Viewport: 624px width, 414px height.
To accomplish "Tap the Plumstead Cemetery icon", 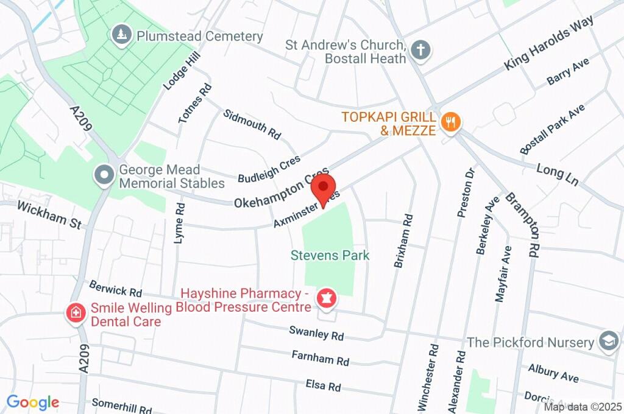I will click(122, 35).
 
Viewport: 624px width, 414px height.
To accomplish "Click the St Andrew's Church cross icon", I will click(420, 51).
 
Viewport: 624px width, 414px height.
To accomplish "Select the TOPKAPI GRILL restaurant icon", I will click(450, 122).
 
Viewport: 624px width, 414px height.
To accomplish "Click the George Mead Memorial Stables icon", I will click(104, 175).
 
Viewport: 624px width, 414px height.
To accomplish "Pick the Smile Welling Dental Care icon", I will click(76, 314).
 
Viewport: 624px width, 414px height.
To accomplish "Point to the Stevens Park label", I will click(330, 255).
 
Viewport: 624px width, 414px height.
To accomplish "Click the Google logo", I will click(33, 402).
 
